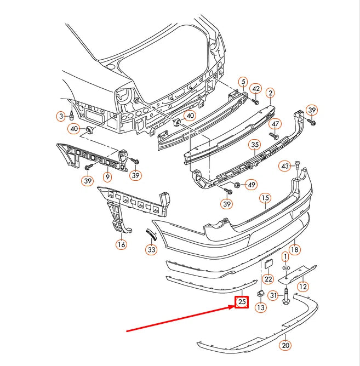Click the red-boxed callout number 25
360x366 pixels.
point(242,302)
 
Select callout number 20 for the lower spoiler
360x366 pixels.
point(285,345)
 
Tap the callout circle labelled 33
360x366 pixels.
point(151,249)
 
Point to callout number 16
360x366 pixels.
point(122,244)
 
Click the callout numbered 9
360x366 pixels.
point(107,176)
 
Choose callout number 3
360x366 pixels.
point(61,116)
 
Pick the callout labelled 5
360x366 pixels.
point(243,82)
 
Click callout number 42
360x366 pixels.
point(256,89)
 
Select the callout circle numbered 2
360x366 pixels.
point(270,93)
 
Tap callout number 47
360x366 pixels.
point(276,124)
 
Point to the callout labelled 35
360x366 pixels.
point(255,145)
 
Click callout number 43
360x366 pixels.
point(285,166)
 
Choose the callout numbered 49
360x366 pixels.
point(251,185)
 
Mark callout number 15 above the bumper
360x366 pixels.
point(265,198)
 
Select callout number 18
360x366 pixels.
point(295,249)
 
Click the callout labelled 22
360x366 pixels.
point(268,279)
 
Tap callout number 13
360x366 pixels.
point(261,307)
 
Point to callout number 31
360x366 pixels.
point(273,295)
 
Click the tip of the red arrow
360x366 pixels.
point(235,306)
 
